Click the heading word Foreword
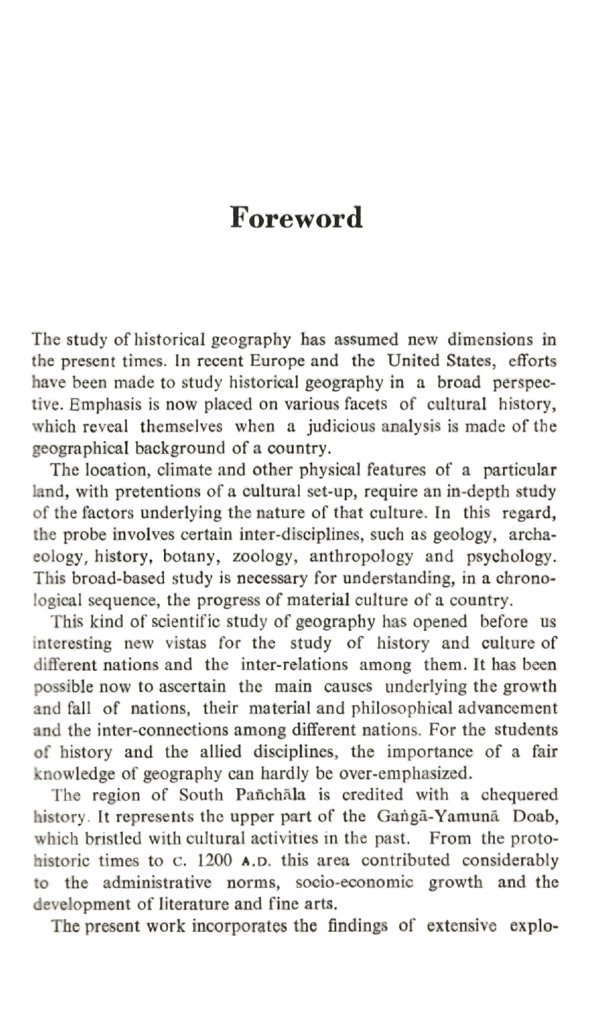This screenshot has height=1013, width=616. coord(296,218)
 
